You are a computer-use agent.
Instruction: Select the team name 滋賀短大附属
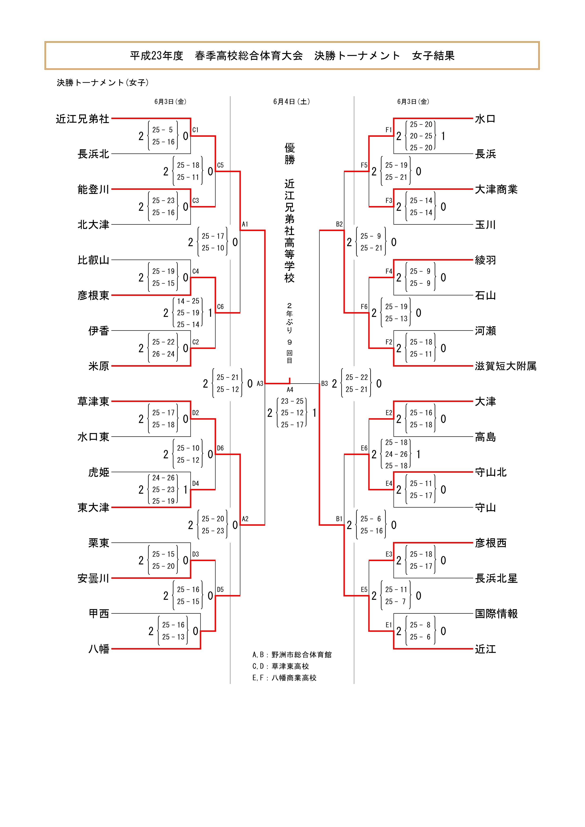point(505,366)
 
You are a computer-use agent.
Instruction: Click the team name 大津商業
point(496,190)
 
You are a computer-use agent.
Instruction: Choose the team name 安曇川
point(93,579)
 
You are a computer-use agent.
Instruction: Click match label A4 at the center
point(290,390)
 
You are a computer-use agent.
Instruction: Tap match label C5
point(220,165)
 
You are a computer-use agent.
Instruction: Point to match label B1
point(339,519)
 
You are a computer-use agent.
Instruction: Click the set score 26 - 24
point(163,354)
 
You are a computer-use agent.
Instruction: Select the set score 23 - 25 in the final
point(292,401)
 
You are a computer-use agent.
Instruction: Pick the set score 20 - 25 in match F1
point(421,136)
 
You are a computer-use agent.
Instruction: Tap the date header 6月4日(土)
point(291,102)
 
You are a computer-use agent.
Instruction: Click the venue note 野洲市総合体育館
point(302,655)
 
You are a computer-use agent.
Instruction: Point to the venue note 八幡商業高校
point(294,678)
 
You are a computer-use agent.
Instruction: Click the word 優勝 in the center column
point(290,153)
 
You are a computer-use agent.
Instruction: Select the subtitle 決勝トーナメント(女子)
point(103,83)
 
